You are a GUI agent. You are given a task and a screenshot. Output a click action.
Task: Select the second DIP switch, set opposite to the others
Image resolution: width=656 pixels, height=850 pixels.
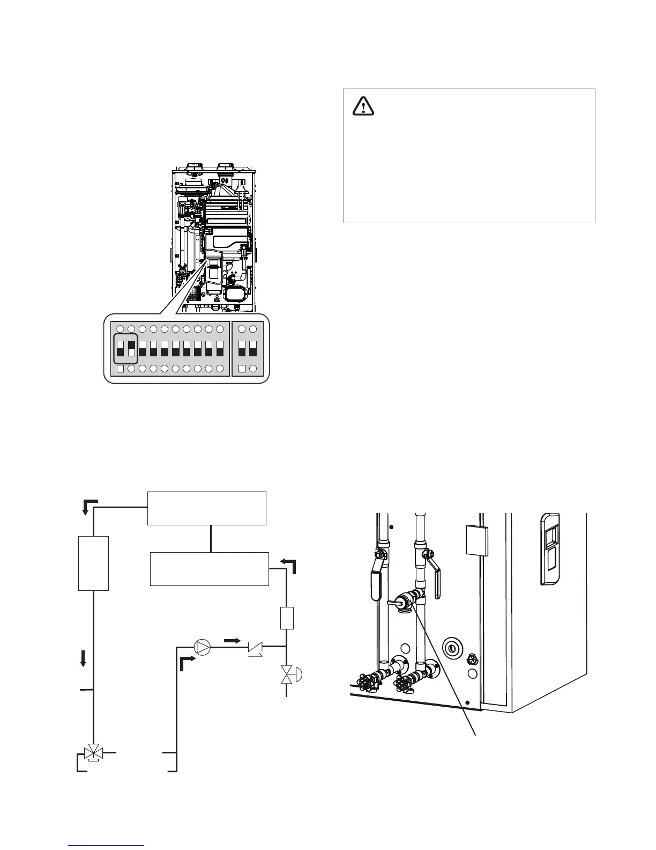pos(131,349)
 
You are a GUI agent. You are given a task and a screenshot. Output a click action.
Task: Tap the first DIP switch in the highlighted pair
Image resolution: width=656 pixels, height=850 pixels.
pos(120,349)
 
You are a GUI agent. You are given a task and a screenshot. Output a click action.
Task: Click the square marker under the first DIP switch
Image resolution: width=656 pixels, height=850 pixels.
pos(120,369)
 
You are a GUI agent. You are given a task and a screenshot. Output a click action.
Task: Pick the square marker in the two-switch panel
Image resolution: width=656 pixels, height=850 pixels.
pos(242,369)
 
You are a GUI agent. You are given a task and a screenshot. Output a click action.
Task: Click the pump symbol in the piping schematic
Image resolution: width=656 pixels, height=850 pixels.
pos(202,647)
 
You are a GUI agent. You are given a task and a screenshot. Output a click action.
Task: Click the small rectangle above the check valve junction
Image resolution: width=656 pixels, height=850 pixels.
pos(287,618)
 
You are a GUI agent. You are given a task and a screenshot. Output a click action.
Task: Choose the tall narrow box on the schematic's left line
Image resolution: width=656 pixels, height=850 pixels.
pos(94,563)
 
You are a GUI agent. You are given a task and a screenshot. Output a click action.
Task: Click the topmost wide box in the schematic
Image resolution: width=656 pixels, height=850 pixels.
pos(207,508)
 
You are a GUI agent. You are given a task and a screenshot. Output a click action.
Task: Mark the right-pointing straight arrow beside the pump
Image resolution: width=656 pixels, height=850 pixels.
pos(232,640)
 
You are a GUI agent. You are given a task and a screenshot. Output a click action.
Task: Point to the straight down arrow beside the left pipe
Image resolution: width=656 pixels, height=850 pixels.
pos(83,658)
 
